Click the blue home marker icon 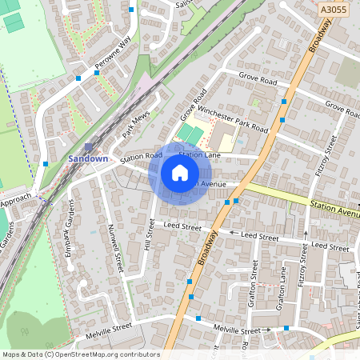(180, 173)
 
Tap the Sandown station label (87, 159)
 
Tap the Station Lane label (199, 154)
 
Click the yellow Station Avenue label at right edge (334, 212)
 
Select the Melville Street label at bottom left (110, 327)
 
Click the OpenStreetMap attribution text (81, 354)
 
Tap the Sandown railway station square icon (89, 146)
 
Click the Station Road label (141, 158)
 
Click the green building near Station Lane (187, 133)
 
